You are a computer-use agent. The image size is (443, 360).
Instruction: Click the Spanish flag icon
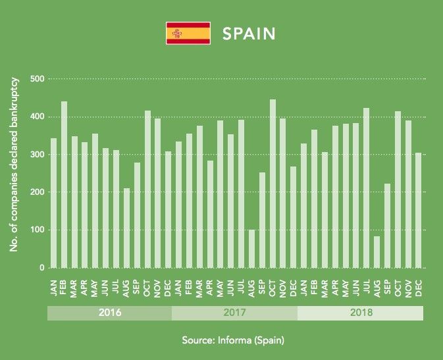188,34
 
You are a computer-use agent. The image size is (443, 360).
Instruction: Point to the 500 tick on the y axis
37,79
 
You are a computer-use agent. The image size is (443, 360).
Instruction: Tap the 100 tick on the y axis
37,230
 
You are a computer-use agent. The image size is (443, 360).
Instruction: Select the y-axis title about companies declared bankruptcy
14,163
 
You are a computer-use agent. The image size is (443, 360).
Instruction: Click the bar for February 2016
64,184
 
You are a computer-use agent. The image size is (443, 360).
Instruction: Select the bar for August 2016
126,228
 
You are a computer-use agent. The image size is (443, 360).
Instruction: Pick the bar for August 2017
251,248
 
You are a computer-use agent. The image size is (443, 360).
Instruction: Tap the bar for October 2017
273,184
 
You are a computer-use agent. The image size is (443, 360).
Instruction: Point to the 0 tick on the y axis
41,268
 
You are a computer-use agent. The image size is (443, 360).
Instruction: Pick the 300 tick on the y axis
37,155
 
